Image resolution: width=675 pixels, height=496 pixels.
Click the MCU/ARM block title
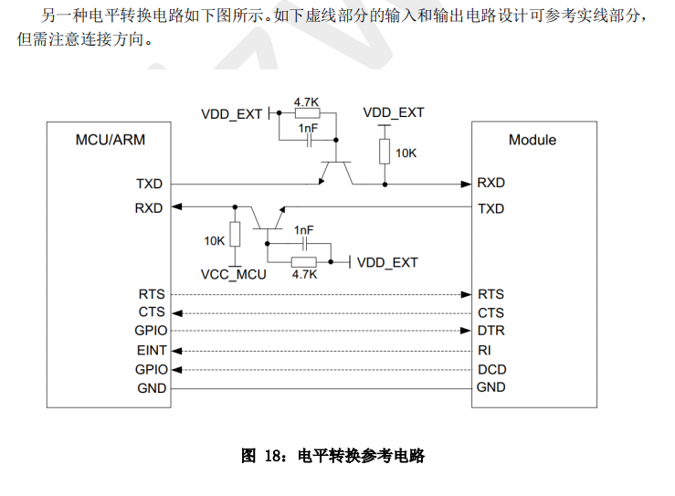coord(110,140)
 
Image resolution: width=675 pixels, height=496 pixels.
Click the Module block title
coord(532,140)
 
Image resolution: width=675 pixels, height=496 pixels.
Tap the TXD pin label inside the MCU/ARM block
coord(149,184)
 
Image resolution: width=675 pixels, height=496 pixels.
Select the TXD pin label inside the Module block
coord(490,208)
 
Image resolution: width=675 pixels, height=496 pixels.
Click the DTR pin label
coord(490,331)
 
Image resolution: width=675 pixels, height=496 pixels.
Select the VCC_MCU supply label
coord(233,274)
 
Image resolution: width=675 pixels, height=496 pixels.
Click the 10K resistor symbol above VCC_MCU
coord(235,234)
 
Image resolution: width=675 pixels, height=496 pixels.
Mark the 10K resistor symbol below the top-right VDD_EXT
coord(384,152)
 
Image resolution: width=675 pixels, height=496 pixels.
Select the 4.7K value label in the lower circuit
coord(304,274)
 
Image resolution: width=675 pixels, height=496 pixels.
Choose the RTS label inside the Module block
coord(490,294)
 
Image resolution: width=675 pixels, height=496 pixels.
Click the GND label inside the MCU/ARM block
coord(152,388)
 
